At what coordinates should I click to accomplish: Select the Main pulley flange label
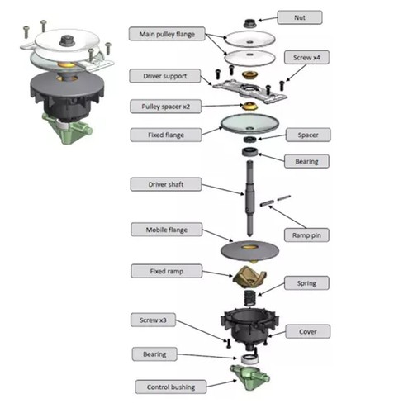167,34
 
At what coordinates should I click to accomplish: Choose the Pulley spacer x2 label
164,107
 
